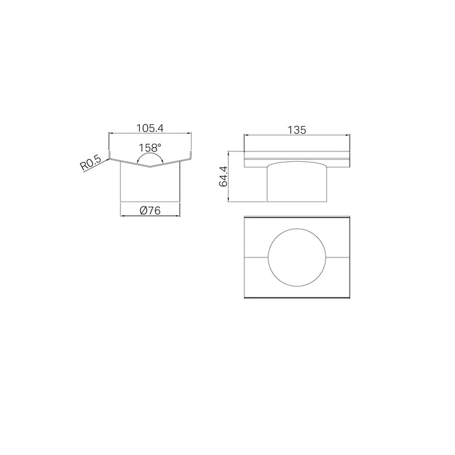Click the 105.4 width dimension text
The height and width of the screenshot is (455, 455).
[150, 128]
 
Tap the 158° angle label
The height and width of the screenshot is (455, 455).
[149, 148]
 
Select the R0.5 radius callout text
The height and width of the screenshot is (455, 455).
[90, 162]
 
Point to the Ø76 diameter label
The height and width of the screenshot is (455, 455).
[149, 210]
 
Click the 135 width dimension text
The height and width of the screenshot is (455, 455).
[297, 130]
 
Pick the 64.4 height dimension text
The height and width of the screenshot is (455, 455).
[224, 176]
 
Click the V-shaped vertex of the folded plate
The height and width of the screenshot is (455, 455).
[149, 167]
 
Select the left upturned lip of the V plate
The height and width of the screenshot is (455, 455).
[109, 155]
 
